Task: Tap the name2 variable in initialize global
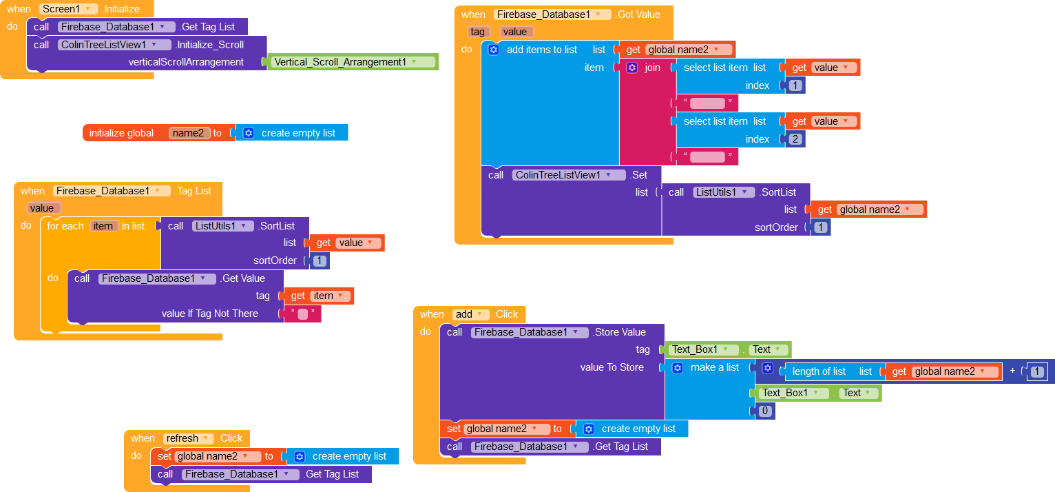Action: pyautogui.click(x=189, y=133)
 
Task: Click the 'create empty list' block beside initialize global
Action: pyautogui.click(x=297, y=133)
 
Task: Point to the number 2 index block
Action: pyautogui.click(x=796, y=139)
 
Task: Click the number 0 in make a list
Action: pyautogui.click(x=765, y=411)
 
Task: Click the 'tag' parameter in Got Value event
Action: pyautogui.click(x=477, y=32)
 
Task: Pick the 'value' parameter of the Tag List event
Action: pyautogui.click(x=42, y=208)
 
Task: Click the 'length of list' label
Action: pyautogui.click(x=819, y=371)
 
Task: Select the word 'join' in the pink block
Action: pyautogui.click(x=652, y=68)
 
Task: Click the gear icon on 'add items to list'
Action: pyautogui.click(x=493, y=50)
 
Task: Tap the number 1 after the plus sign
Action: pyautogui.click(x=1038, y=371)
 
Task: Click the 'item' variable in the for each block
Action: pyautogui.click(x=103, y=226)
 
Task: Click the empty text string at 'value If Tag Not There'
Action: pyautogui.click(x=302, y=314)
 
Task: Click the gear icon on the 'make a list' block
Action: pyautogui.click(x=677, y=367)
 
